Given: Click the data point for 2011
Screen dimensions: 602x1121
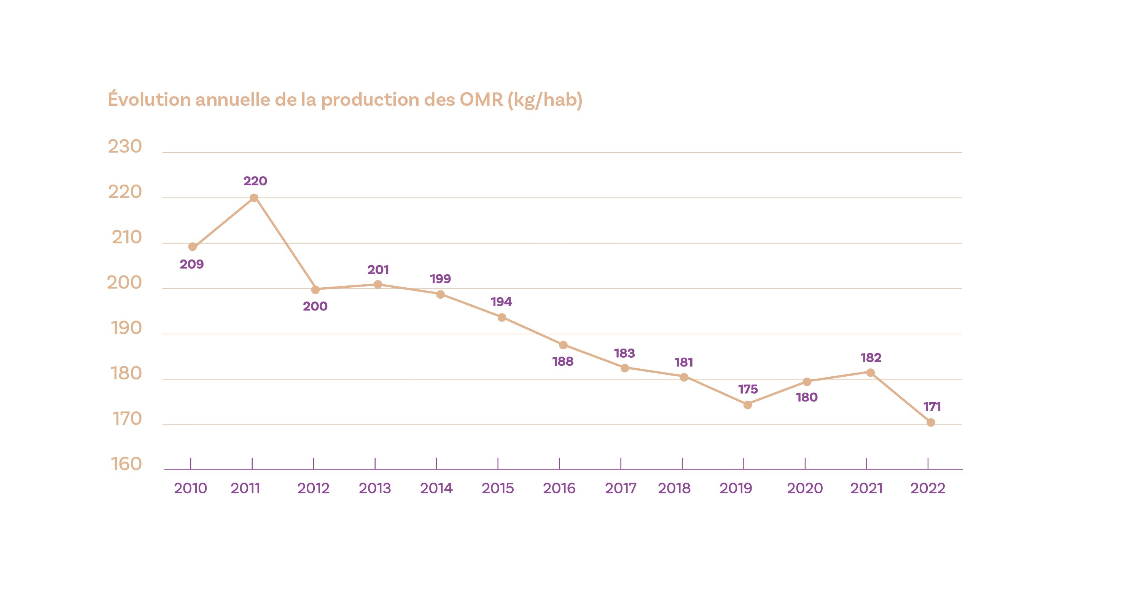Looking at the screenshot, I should [254, 198].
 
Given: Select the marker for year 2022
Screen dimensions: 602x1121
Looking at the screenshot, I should [931, 422].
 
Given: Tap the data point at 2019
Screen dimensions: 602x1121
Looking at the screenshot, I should [748, 405].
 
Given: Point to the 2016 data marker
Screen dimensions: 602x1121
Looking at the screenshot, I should [563, 345].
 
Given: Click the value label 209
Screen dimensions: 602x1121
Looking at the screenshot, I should [192, 264].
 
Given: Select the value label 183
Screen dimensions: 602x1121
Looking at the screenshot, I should [624, 353].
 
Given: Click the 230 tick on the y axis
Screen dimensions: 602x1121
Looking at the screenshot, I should [125, 147].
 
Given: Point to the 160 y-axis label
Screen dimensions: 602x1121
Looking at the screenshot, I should [126, 464].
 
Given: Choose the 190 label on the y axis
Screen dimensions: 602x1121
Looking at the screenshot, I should [126, 328].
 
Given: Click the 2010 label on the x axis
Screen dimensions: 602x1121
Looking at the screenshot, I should [191, 488].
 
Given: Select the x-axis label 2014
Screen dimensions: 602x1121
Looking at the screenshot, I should [436, 488].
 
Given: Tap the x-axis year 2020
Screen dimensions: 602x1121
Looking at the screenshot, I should [805, 488].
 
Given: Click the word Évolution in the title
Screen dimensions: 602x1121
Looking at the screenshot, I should [149, 100].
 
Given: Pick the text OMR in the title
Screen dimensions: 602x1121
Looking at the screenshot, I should [481, 100].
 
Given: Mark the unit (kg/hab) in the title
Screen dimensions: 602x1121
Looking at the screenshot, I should [545, 100].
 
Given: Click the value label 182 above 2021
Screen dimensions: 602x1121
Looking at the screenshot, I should [871, 358].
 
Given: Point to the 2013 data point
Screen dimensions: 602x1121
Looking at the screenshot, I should [378, 285].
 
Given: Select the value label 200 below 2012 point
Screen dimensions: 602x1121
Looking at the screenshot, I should [315, 306].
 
